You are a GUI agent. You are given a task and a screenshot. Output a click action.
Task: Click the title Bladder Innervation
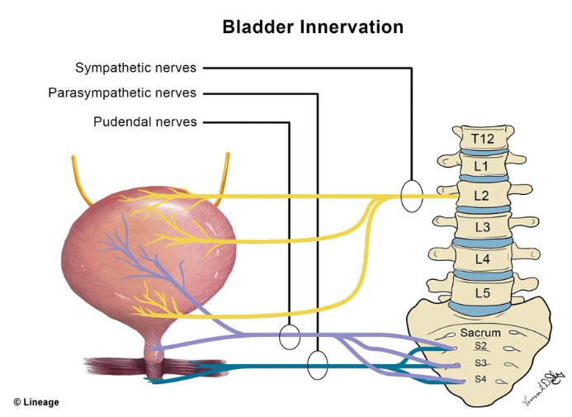click(312, 27)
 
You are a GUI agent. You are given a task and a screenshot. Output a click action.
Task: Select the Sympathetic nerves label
click(136, 68)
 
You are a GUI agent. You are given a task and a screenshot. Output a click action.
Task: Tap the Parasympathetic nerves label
click(122, 93)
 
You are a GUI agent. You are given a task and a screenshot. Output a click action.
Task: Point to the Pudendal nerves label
click(145, 122)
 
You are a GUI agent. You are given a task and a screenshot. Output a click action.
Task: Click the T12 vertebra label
click(482, 139)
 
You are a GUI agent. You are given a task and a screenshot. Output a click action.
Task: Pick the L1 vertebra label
click(481, 166)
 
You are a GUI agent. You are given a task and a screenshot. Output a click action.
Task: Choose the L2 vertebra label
click(482, 196)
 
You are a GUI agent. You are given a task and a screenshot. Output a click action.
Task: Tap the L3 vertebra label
click(482, 226)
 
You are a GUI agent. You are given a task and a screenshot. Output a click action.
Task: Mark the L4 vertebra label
click(482, 259)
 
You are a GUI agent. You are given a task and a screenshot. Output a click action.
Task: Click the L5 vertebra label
click(482, 292)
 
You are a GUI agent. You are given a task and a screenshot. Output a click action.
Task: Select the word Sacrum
click(480, 333)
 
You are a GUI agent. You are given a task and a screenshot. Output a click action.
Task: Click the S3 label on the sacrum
click(480, 363)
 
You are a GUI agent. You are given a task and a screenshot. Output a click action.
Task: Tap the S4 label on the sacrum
click(480, 380)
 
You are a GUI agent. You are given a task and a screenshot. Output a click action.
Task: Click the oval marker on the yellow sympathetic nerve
click(411, 197)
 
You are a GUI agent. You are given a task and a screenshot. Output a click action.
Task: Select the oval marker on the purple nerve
click(289, 337)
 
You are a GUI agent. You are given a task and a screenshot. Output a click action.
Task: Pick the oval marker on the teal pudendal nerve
click(318, 364)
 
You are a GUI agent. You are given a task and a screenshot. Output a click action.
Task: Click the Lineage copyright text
click(36, 402)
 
